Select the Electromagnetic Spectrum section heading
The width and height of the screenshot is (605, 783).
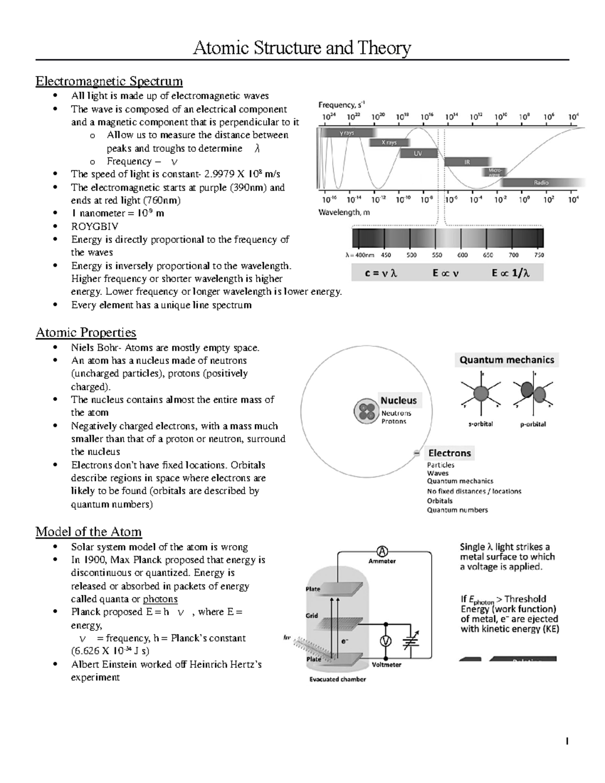click(109, 81)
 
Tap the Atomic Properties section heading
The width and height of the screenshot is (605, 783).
click(86, 332)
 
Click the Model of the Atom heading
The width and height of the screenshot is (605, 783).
click(88, 531)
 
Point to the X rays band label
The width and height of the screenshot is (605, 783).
click(389, 143)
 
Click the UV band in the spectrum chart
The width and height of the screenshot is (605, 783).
click(418, 153)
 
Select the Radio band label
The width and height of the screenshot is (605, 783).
click(541, 183)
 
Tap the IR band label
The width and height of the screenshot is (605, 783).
click(467, 162)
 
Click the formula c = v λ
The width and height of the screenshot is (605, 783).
click(381, 273)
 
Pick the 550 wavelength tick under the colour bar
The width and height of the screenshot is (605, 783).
click(437, 255)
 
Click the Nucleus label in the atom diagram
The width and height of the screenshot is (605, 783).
click(398, 400)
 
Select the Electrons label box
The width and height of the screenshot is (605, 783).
click(449, 453)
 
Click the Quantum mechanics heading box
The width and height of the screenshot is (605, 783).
click(507, 360)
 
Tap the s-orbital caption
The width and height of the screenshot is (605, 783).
click(480, 424)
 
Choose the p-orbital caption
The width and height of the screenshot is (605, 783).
click(533, 424)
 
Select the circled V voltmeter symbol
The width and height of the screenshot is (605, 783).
click(386, 640)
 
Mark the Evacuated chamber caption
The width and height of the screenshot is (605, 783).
click(337, 679)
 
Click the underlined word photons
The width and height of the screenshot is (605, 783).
click(160, 599)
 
